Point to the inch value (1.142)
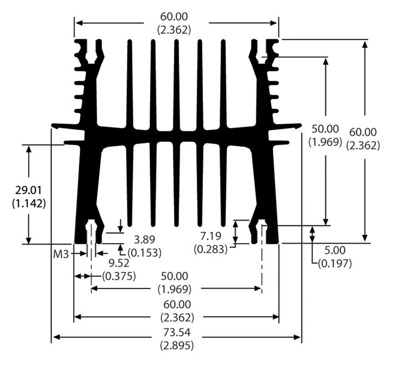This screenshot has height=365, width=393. tap(28, 203)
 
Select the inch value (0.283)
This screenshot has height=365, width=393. tap(211, 249)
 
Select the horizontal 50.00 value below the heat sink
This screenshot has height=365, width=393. tap(177, 276)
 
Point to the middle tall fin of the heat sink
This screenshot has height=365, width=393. tap(176, 133)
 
